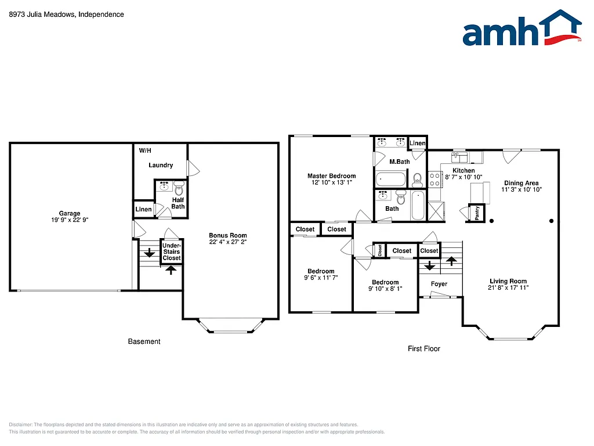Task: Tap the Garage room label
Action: [x=70, y=213]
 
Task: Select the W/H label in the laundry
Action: [x=145, y=150]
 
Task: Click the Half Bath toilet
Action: [x=179, y=188]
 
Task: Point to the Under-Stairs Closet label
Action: [x=172, y=251]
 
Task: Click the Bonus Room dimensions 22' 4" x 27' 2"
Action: [x=228, y=242]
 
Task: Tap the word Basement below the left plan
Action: [x=144, y=341]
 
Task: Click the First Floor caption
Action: [x=423, y=348]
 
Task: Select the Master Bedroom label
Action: [x=331, y=176]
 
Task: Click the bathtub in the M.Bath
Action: [x=391, y=178]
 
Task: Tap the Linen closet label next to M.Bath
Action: [x=418, y=143]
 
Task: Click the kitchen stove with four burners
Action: [x=434, y=179]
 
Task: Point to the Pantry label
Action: [x=477, y=213]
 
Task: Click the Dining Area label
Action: [x=521, y=183]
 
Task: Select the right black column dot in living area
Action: [x=551, y=221]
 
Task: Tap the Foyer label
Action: [x=439, y=284]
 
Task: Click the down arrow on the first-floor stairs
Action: [x=429, y=266]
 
